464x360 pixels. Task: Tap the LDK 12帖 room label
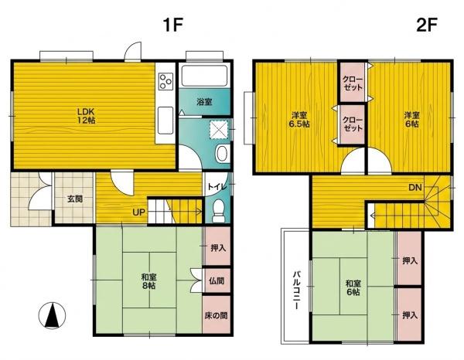pyautogui.click(x=86, y=116)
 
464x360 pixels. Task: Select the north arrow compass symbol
pyautogui.click(x=52, y=316)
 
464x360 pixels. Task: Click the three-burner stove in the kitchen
pyautogui.click(x=165, y=80)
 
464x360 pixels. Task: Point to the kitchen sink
pyautogui.click(x=165, y=121)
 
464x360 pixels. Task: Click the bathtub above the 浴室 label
pyautogui.click(x=204, y=76)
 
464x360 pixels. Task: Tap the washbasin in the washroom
pyautogui.click(x=223, y=154)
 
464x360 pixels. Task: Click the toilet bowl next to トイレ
pyautogui.click(x=219, y=211)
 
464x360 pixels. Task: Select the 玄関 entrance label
pyautogui.click(x=75, y=199)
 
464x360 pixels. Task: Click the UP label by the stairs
pyautogui.click(x=138, y=212)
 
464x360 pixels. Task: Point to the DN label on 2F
pyautogui.click(x=415, y=187)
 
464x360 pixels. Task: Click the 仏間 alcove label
pyautogui.click(x=217, y=280)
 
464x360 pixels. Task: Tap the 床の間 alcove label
pyautogui.click(x=217, y=315)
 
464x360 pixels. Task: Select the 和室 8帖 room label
pyautogui.click(x=148, y=281)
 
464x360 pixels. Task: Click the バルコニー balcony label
pyautogui.click(x=296, y=290)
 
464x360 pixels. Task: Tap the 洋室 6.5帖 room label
pyautogui.click(x=299, y=120)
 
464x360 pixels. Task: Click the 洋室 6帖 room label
pyautogui.click(x=412, y=120)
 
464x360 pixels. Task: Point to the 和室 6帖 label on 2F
pyautogui.click(x=353, y=288)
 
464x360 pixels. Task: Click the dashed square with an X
pyautogui.click(x=218, y=129)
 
